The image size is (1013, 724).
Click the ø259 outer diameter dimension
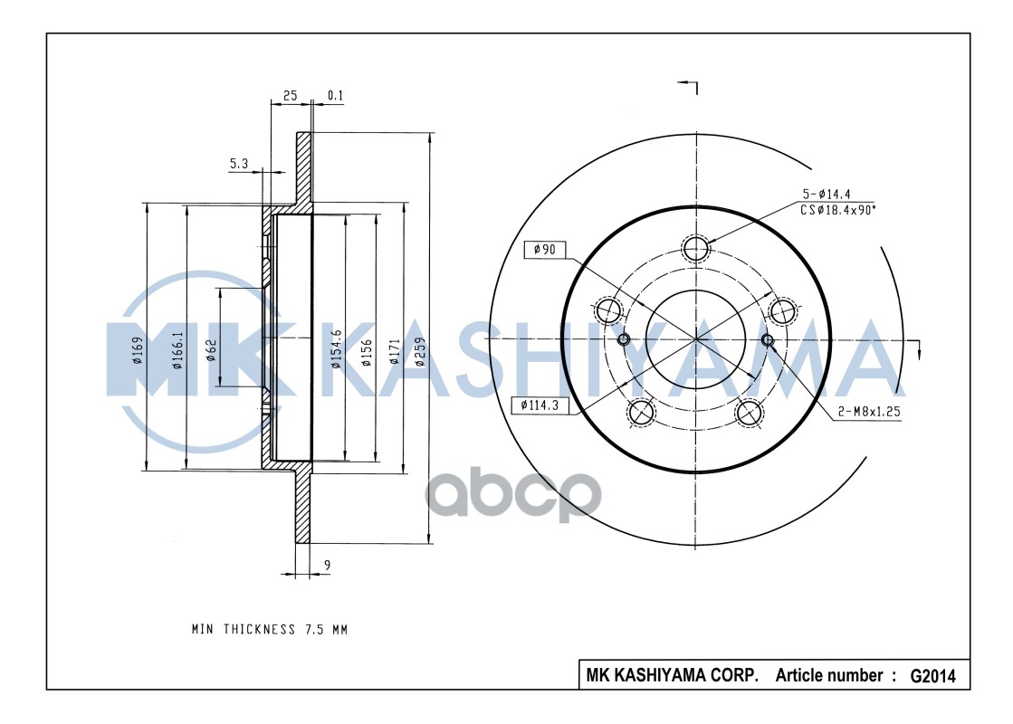click(x=419, y=351)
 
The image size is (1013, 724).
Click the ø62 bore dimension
click(x=211, y=350)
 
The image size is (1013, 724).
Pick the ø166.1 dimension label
click(x=178, y=350)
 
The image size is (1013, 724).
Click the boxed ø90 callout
click(x=545, y=250)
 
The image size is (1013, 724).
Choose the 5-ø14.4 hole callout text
click(x=825, y=194)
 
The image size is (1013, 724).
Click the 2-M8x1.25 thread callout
click(x=870, y=411)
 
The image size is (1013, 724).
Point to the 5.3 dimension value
click(x=239, y=163)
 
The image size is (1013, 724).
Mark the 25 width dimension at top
click(x=290, y=95)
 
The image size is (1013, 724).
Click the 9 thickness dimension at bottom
click(x=326, y=566)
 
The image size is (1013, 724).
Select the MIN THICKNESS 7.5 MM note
click(x=269, y=629)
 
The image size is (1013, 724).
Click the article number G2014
click(x=932, y=675)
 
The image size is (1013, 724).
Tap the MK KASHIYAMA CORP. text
click(x=672, y=675)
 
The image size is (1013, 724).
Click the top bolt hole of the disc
click(x=695, y=248)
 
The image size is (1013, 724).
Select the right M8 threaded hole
click(x=768, y=340)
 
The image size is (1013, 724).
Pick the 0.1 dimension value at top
click(x=335, y=95)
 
